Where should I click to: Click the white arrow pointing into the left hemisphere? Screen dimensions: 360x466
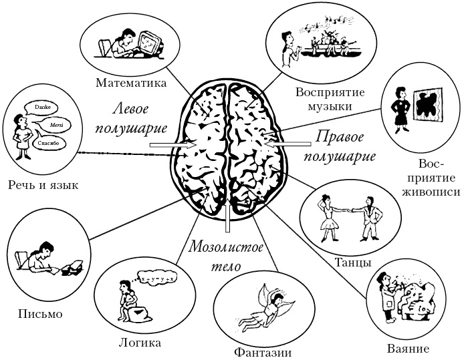click(x=171, y=144)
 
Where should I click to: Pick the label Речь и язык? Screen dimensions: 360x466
click(x=41, y=184)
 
